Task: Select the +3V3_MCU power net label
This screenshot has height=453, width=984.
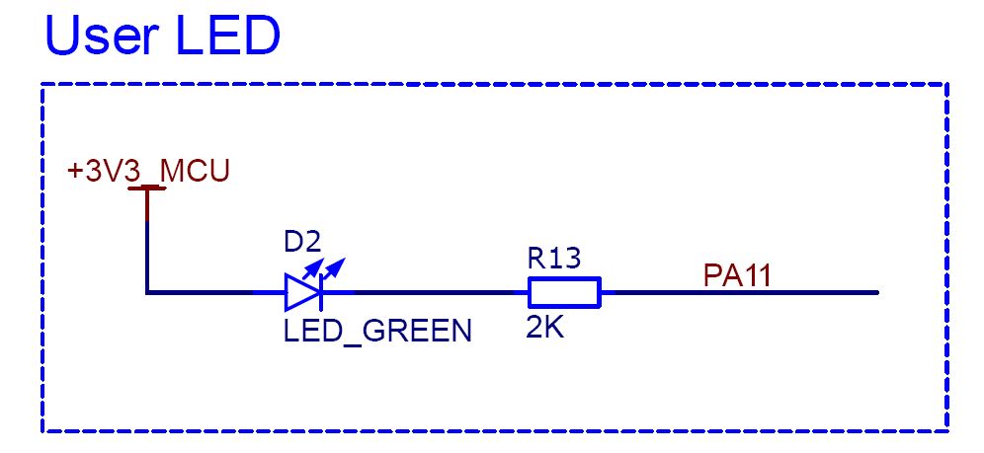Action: (x=149, y=172)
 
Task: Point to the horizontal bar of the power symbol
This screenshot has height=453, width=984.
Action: (x=147, y=188)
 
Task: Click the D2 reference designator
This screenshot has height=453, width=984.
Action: (x=302, y=243)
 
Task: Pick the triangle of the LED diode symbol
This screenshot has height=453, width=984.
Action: (x=301, y=292)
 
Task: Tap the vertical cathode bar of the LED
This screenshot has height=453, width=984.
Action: (x=321, y=292)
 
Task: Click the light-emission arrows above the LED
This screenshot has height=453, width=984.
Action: (x=324, y=268)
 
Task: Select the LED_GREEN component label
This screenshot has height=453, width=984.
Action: (x=377, y=331)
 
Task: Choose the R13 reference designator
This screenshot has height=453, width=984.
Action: (x=554, y=259)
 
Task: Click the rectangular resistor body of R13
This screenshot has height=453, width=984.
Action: (x=565, y=292)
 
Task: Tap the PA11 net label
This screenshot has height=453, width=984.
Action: (x=737, y=275)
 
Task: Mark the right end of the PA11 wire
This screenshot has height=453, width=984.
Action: (x=877, y=292)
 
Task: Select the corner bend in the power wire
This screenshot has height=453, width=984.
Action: (x=147, y=292)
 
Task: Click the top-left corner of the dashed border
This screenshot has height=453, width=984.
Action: (x=42, y=84)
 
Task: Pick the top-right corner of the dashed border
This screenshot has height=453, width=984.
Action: (x=947, y=84)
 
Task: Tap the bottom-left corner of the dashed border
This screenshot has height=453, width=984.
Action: (x=42, y=431)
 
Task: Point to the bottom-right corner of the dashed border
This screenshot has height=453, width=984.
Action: (x=947, y=431)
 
